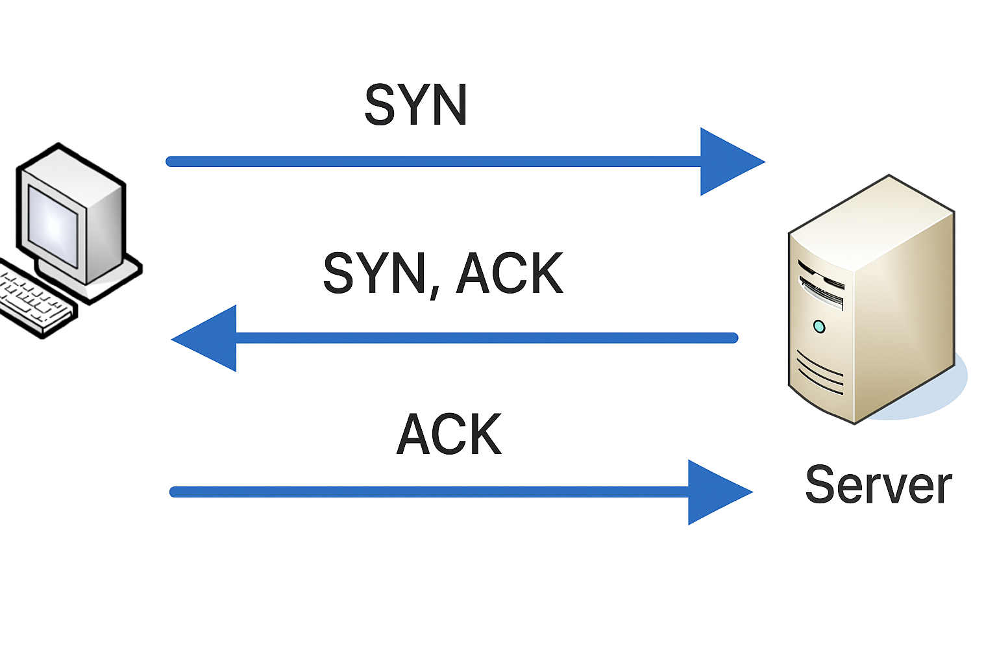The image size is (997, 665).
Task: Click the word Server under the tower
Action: (x=878, y=485)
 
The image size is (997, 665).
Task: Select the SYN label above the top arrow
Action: (x=415, y=105)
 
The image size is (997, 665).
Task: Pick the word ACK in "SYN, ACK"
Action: (x=510, y=273)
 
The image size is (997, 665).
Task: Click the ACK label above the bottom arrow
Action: (x=449, y=434)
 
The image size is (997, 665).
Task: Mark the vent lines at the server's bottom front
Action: (x=819, y=373)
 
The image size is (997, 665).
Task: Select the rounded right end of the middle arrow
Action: (x=733, y=338)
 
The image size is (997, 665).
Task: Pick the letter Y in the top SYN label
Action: (x=415, y=105)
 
